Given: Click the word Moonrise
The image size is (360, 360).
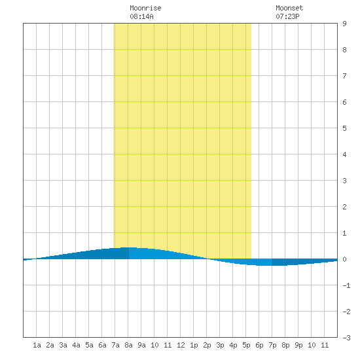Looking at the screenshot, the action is [145, 8].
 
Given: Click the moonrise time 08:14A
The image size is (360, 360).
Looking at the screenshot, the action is [141, 16].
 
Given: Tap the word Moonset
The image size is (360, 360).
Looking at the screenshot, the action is [289, 8].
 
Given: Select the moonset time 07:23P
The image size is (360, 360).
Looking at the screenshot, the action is [287, 16].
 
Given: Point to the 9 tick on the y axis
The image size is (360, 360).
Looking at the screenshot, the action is [344, 24].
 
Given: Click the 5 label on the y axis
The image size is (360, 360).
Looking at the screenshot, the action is [344, 128].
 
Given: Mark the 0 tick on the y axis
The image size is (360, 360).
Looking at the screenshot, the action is [344, 259].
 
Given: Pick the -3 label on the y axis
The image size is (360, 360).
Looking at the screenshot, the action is [347, 338].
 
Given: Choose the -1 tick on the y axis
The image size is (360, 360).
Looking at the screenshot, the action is [347, 285].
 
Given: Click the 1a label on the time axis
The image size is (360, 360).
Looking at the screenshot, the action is [37, 345].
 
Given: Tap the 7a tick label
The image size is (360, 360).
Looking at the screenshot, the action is [115, 345].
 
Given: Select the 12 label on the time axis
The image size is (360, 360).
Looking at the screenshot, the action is [181, 345].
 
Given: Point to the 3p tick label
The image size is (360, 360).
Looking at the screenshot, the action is [220, 345].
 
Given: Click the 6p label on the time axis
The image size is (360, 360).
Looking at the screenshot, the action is [259, 345].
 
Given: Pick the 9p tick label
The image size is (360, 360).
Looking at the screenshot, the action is [298, 345].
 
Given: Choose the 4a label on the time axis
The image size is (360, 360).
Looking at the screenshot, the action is [76, 345].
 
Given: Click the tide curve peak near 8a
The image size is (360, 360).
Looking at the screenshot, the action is [128, 247].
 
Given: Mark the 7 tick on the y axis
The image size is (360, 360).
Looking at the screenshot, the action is [344, 76].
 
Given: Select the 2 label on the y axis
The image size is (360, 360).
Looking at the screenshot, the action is [344, 207].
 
